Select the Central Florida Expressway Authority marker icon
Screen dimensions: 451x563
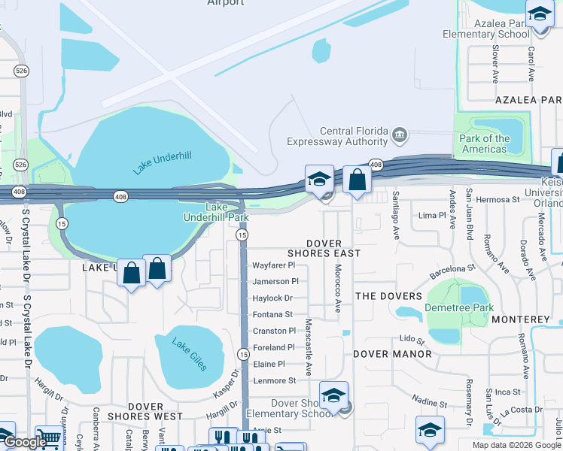400,136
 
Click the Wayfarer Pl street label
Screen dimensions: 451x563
274,265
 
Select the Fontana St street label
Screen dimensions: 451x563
272,315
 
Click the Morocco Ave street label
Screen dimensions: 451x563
338,289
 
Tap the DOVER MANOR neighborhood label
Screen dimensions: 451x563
392,353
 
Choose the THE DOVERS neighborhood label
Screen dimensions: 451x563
386,296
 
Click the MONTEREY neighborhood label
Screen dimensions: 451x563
521,319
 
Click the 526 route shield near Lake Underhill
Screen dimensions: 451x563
20,165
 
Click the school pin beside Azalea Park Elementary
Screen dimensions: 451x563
539,15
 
